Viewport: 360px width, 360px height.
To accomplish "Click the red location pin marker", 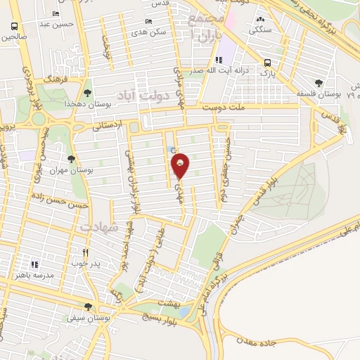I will [x=181, y=165].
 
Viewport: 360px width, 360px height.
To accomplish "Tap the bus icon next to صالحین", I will [x=14, y=27].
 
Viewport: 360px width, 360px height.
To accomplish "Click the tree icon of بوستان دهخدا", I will [x=87, y=92].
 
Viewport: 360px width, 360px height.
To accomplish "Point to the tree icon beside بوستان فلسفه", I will [x=320, y=82].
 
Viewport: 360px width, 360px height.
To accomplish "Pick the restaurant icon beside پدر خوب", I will [x=86, y=252].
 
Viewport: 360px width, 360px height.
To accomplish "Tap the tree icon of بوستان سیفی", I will [x=87, y=306].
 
